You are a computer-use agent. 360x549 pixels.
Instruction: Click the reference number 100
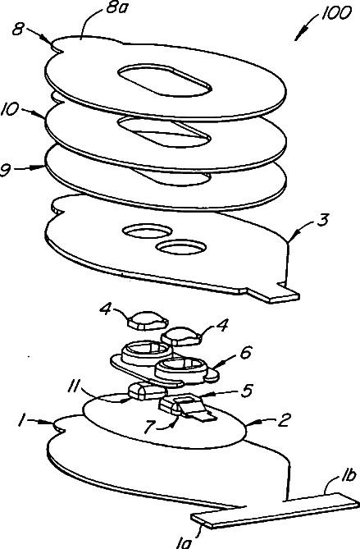[x=335, y=13]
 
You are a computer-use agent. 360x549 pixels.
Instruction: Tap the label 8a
[x=115, y=7]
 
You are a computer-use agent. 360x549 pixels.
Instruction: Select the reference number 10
[x=11, y=108]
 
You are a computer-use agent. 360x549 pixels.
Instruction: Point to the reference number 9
[x=6, y=170]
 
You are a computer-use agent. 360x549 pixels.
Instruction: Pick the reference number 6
[x=245, y=352]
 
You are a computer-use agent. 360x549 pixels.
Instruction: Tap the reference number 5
[x=247, y=390]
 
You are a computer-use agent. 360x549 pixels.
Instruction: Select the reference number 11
[x=74, y=386]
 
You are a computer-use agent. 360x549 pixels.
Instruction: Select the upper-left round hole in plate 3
[x=147, y=231]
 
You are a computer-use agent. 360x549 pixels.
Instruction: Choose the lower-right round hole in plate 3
[x=181, y=246]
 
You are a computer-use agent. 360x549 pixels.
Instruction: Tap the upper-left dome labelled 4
[x=148, y=320]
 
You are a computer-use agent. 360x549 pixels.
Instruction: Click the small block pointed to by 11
[x=146, y=391]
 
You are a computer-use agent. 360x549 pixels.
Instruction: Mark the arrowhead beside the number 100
[x=299, y=35]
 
